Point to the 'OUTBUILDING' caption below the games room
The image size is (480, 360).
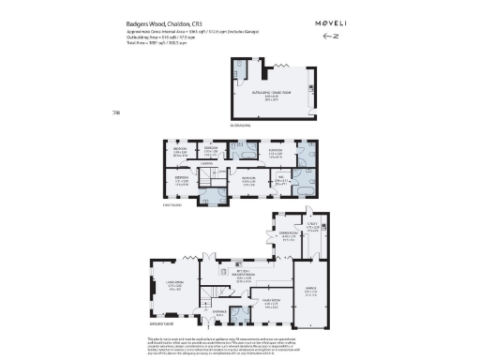[x=240, y=123]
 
